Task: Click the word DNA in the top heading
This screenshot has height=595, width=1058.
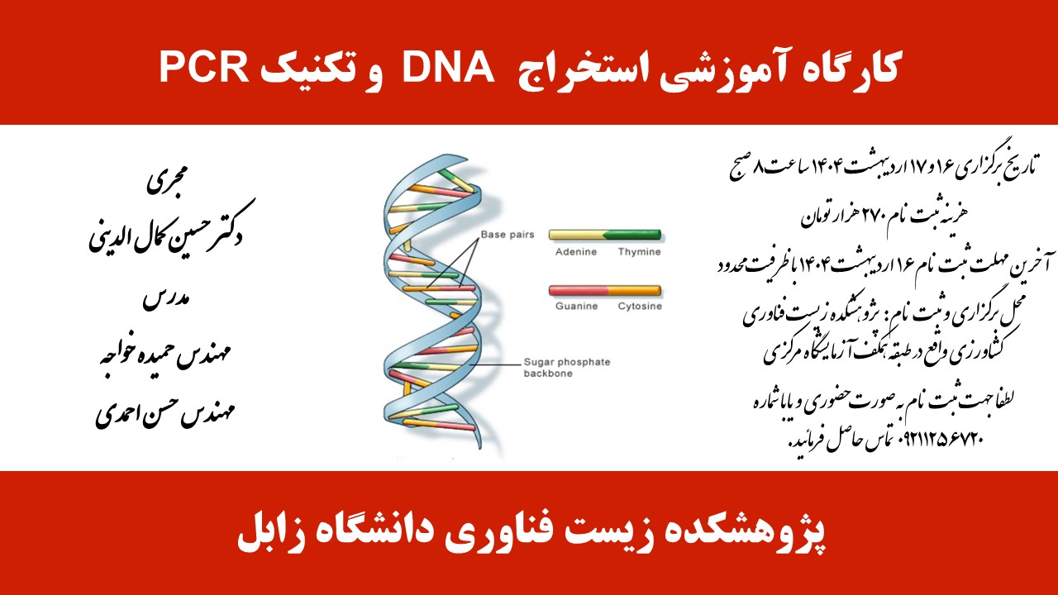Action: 448,67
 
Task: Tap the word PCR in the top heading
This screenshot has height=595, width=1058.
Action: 204,67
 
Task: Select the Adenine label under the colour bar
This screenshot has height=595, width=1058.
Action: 576,252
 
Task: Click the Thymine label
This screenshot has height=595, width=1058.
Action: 640,252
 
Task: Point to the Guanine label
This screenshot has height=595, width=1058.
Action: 576,306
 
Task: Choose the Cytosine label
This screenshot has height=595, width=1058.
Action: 640,306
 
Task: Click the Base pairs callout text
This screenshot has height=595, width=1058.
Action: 508,235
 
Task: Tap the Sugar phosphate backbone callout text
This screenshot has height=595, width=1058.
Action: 567,368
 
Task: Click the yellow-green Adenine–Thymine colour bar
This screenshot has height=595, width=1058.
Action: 605,235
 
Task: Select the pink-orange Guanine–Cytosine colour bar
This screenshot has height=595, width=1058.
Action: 605,290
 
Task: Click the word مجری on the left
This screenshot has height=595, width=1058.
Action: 167,179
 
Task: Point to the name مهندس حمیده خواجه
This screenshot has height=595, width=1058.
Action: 164,355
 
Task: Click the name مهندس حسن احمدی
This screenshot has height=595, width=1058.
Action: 165,412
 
